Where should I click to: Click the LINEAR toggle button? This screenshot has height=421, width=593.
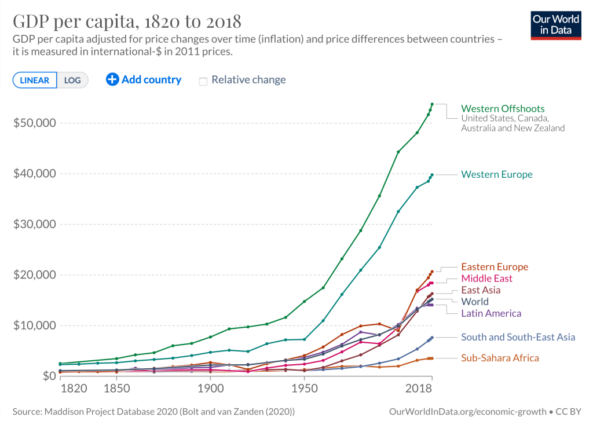35,80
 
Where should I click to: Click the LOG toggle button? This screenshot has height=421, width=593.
73,80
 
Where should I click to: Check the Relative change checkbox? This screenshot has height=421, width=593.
203,81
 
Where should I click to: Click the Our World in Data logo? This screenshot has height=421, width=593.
556,24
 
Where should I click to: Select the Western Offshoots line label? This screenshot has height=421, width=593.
503,108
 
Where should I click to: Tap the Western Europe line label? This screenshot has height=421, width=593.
496,174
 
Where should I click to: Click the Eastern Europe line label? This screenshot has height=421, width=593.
495,267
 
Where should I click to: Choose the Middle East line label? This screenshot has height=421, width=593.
486,279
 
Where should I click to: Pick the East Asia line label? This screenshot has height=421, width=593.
481,290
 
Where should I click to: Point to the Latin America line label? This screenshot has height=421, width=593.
491,313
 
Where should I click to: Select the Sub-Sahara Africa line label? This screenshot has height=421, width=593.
500,358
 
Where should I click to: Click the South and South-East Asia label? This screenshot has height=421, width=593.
518,337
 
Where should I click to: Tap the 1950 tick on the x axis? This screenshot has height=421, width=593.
305,387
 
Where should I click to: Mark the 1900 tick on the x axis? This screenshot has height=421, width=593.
210,387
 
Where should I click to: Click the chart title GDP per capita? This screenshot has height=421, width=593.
127,22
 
